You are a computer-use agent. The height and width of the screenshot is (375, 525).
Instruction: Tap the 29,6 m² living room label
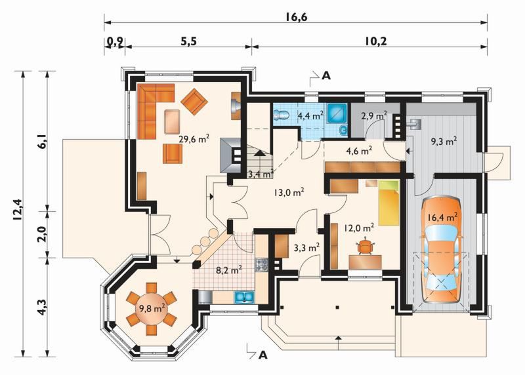(194, 138)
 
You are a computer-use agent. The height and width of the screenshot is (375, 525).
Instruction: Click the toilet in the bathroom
(282, 115)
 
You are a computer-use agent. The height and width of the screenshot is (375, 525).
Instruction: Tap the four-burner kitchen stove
(262, 264)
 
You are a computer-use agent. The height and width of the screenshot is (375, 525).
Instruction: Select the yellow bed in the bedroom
(388, 203)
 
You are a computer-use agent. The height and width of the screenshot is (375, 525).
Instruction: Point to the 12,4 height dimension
(17, 209)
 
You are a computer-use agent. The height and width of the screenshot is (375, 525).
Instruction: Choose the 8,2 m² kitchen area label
(229, 270)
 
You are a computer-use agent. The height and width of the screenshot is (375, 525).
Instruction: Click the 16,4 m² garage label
(442, 218)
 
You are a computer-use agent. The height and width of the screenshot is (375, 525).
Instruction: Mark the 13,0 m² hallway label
(289, 192)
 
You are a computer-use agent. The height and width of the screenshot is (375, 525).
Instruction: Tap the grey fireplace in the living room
(231, 155)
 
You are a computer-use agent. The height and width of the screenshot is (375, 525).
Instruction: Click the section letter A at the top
(325, 76)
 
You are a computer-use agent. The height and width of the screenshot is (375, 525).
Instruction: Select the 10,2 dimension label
(375, 41)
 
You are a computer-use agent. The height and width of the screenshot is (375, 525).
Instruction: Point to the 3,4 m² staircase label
(261, 174)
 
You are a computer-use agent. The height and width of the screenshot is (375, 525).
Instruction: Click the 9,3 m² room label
(444, 142)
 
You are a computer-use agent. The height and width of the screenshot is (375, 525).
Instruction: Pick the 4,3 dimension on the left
(42, 306)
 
